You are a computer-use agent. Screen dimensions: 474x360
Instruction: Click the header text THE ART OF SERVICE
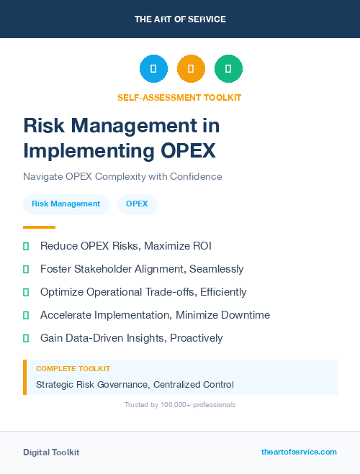tap(180, 19)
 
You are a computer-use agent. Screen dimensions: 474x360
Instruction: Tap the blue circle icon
tap(153, 69)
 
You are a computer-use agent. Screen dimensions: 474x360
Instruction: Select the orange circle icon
tap(191, 69)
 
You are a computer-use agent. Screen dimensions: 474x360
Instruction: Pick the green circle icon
tap(228, 69)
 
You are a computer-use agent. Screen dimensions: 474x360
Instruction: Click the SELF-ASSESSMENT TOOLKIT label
tap(179, 97)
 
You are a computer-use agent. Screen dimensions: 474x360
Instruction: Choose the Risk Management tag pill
tap(66, 204)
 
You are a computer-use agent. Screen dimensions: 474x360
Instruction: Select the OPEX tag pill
tap(137, 204)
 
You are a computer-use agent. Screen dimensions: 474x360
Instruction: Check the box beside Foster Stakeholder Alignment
tap(26, 269)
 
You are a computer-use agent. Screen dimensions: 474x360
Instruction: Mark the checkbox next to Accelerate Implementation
tap(26, 315)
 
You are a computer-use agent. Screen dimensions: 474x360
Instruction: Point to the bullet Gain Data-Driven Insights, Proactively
tap(131, 338)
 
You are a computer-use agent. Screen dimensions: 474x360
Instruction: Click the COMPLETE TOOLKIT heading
tap(73, 368)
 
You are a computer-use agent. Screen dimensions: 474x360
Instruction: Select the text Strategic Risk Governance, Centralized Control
tap(135, 384)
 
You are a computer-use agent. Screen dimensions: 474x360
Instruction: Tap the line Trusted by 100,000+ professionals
tap(180, 405)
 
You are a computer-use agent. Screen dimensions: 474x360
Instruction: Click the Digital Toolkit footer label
tap(51, 452)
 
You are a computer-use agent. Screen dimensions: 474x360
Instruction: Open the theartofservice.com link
tap(299, 452)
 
